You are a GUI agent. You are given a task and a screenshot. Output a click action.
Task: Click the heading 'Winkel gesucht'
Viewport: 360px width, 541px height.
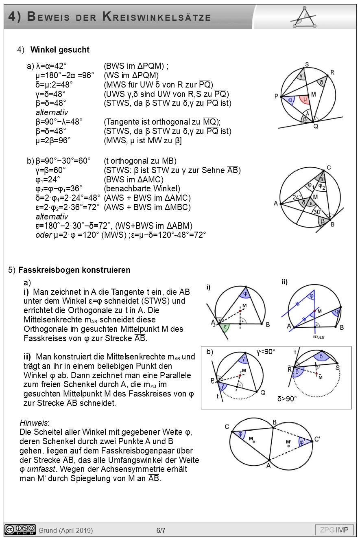[x=60, y=50]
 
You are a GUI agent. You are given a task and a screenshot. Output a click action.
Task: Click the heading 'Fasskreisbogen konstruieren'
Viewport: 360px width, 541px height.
[x=74, y=269]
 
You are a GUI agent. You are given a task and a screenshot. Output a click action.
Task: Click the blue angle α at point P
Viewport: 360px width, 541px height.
[x=290, y=99]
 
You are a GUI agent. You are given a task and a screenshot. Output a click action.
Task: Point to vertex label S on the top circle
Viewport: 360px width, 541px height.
[x=307, y=64]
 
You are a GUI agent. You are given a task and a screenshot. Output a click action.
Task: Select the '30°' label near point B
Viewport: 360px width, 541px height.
[x=317, y=212]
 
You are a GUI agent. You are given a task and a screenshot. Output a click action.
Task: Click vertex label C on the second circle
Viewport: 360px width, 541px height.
[x=328, y=167]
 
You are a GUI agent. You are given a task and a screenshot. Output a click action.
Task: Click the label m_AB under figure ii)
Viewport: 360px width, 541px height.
[x=318, y=337]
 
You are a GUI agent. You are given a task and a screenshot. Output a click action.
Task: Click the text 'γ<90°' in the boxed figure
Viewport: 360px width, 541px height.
[x=266, y=352]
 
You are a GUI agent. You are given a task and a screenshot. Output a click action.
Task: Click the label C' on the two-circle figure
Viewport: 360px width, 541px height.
[x=317, y=439]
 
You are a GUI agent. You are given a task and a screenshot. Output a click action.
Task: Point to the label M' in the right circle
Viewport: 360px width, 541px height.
[x=289, y=442]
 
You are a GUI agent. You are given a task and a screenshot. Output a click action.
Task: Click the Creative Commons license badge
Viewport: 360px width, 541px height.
[x=20, y=530]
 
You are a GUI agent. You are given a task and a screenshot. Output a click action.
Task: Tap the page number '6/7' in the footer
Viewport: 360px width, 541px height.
[x=161, y=530]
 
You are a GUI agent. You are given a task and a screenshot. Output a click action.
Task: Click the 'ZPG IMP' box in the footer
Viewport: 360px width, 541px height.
[x=334, y=530]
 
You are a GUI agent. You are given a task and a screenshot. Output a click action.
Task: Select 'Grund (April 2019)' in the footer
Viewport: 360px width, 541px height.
[x=65, y=530]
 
